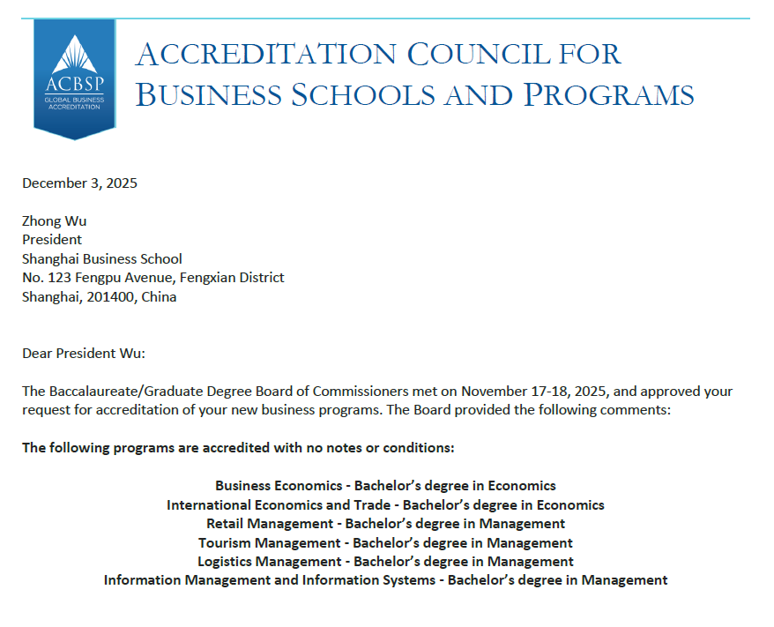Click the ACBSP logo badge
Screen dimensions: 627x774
74,78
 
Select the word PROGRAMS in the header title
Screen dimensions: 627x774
608,94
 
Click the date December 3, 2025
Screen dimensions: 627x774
79,183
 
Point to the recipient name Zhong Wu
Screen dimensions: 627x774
55,220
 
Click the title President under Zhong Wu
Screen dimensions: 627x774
52,239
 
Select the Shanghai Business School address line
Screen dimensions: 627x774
102,258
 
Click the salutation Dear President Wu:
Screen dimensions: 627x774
84,354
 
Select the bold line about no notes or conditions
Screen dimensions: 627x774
238,448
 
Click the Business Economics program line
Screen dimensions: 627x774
385,486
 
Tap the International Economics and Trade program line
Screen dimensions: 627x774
385,505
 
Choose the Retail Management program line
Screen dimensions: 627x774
385,524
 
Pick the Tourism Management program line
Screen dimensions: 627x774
385,543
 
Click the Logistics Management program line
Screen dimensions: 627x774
385,562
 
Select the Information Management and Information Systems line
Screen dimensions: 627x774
385,580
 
